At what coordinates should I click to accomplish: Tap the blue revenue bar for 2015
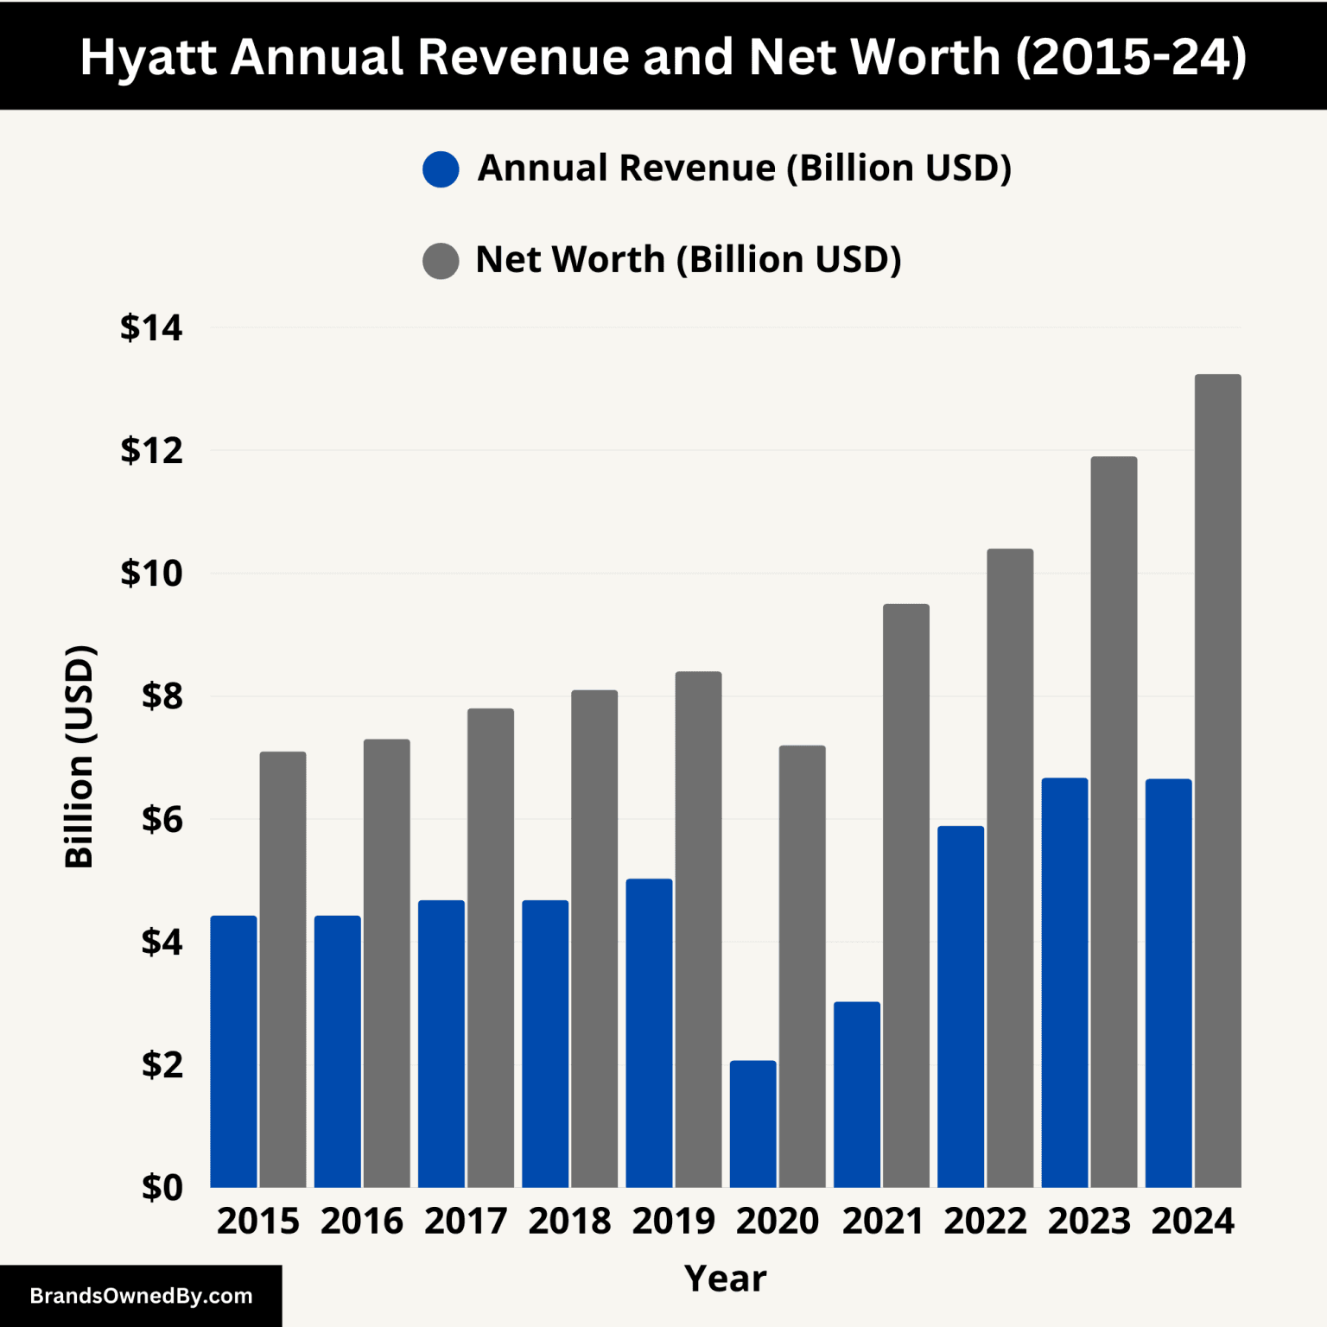point(233,1051)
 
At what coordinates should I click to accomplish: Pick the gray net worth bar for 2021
point(905,895)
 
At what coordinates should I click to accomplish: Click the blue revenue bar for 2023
point(1064,982)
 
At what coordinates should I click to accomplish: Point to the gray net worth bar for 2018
point(594,938)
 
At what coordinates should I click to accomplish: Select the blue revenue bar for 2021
point(856,1094)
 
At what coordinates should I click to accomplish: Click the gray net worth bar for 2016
point(386,962)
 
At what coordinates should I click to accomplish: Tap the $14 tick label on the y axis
point(151,328)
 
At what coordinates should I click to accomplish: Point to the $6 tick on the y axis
point(162,819)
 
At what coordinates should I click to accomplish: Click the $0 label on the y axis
point(162,1188)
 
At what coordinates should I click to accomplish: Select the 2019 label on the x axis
point(673,1221)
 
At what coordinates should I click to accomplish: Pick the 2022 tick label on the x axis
point(985,1221)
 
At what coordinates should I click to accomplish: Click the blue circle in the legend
point(441,169)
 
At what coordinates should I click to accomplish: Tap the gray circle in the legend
point(441,261)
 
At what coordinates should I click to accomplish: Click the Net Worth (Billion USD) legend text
point(688,259)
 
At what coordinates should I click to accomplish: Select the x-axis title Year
point(725,1278)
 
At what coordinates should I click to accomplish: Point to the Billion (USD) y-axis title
point(79,756)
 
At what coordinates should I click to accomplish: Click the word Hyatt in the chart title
point(148,57)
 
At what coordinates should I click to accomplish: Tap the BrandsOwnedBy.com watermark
point(141,1296)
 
